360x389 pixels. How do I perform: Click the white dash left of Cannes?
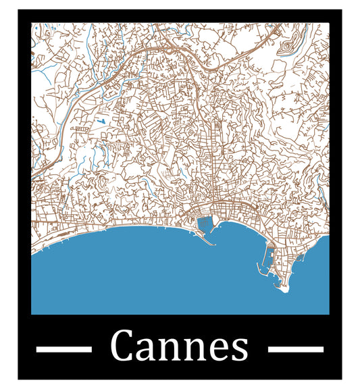(63, 349)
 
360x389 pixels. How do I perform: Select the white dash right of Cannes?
(296, 349)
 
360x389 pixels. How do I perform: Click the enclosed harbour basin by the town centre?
(204, 224)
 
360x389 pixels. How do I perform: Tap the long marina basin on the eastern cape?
(268, 260)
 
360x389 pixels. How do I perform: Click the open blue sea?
(135, 277)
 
